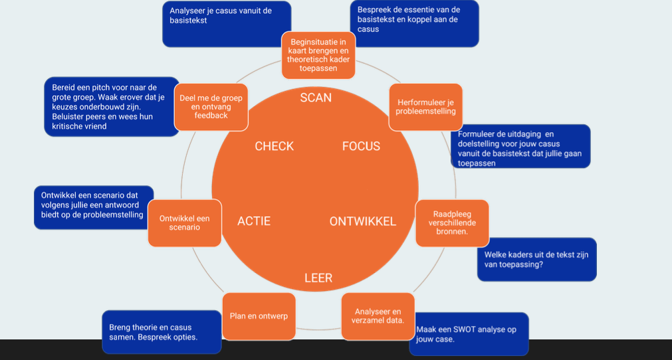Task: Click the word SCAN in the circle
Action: point(316,98)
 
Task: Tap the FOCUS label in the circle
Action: point(361,146)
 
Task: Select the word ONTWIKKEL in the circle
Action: point(362,221)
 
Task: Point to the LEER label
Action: point(318,278)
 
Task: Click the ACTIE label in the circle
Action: point(254,221)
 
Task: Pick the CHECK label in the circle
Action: point(274,146)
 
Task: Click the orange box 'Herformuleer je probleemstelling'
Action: point(425,107)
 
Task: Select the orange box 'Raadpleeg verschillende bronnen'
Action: point(451,223)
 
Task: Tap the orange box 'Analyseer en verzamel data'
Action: point(378,316)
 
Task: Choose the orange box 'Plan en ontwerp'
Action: point(259,316)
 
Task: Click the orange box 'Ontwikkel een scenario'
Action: point(184,223)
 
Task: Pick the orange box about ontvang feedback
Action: point(211,106)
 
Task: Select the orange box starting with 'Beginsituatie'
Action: point(318,55)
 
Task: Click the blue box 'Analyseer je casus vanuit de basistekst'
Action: point(226,23)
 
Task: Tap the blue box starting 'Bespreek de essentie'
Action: point(414,23)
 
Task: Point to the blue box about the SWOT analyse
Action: point(469,333)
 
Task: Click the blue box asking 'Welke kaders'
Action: point(536,259)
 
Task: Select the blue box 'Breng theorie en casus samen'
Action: point(162,332)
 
